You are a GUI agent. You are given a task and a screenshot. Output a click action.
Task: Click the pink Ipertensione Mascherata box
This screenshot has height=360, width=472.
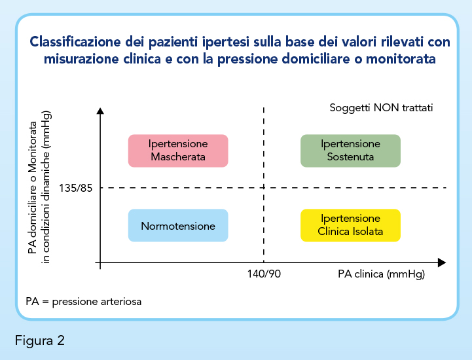click(x=178, y=151)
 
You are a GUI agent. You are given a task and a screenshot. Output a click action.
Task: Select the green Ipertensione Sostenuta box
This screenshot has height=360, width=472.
click(x=350, y=151)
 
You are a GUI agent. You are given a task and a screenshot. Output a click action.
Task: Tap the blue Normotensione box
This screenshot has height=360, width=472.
click(x=178, y=225)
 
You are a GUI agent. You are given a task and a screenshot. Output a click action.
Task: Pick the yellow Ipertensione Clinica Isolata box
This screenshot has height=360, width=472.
click(x=350, y=225)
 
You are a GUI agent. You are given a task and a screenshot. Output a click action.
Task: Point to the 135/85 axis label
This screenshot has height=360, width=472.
click(x=75, y=188)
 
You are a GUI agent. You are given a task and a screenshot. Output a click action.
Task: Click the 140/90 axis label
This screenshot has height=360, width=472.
click(x=264, y=274)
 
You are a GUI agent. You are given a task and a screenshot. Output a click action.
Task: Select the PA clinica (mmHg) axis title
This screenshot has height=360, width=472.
click(x=381, y=274)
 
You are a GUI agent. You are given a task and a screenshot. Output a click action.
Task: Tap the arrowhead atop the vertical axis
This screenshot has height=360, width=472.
click(x=100, y=111)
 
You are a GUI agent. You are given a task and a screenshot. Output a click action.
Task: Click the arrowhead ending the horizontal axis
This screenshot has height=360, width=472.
click(x=442, y=262)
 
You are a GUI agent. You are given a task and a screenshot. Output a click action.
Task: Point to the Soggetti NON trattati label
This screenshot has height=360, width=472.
click(x=381, y=108)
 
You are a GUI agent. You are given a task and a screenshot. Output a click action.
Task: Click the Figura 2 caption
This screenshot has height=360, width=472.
click(x=40, y=341)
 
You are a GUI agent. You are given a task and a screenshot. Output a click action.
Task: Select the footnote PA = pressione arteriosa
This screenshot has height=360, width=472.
click(x=83, y=302)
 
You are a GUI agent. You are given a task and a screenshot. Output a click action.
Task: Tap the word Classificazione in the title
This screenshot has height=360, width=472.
click(x=75, y=41)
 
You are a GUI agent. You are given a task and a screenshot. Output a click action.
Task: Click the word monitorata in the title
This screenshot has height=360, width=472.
click(x=401, y=59)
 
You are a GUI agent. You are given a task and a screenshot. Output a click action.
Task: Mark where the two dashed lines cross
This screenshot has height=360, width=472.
click(x=264, y=187)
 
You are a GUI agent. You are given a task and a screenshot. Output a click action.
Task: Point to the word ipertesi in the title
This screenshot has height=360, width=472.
click(x=225, y=42)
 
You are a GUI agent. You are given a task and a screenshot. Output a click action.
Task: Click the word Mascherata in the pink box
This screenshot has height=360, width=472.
click(x=178, y=157)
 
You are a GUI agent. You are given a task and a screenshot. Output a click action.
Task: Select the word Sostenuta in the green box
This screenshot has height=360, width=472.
click(x=350, y=157)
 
